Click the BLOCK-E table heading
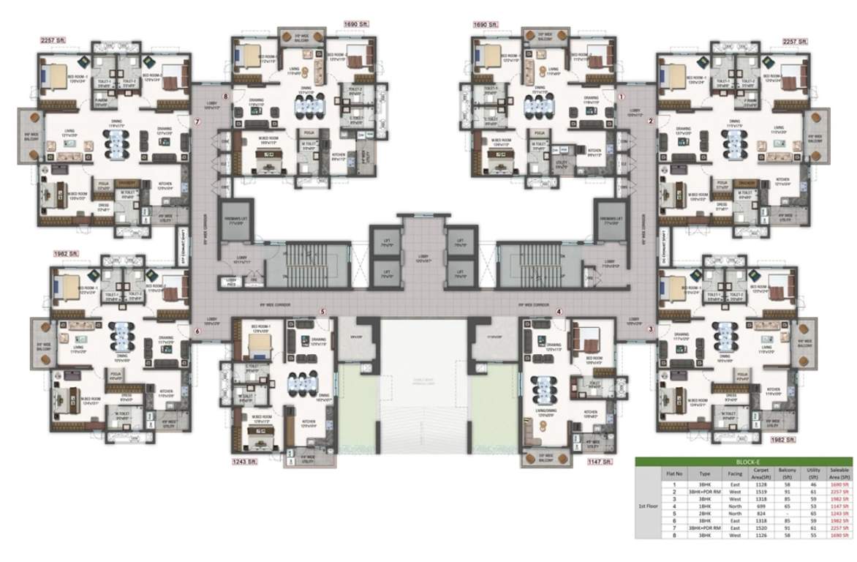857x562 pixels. (x=744, y=462)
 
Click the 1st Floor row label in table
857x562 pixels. (x=647, y=506)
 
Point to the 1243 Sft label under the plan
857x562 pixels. (x=244, y=462)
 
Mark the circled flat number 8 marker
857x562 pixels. (x=226, y=97)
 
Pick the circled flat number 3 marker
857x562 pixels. (x=651, y=329)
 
